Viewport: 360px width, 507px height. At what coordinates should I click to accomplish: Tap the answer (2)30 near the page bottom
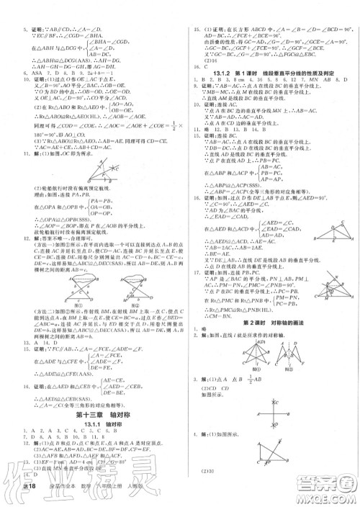215,490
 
